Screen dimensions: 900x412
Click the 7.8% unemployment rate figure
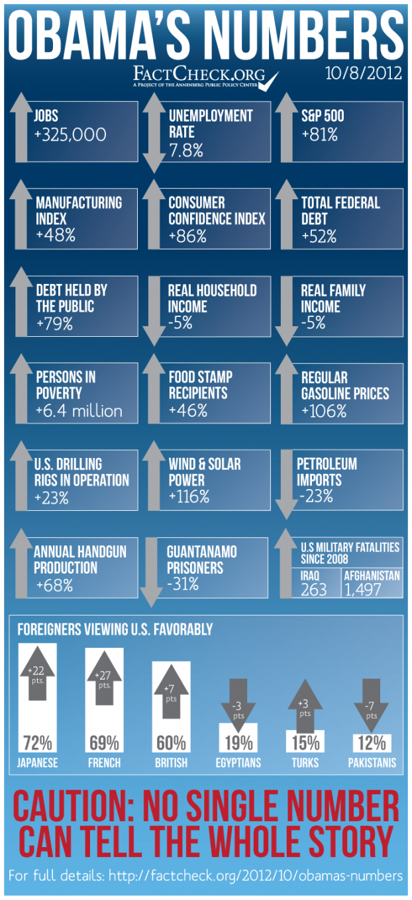pos(186,150)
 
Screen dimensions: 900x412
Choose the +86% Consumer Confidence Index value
pos(187,236)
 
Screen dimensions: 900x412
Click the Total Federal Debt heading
pos(340,210)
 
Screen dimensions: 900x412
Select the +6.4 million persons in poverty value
pos(79,411)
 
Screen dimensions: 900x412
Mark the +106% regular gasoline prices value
pos(324,411)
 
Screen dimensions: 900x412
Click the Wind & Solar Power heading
pos(205,472)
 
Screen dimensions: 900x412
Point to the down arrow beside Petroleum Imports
pos(286,482)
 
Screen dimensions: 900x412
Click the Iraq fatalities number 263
pos(313,590)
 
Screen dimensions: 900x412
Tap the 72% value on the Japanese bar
pos(38,742)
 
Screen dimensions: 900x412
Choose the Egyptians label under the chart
pos(238,763)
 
